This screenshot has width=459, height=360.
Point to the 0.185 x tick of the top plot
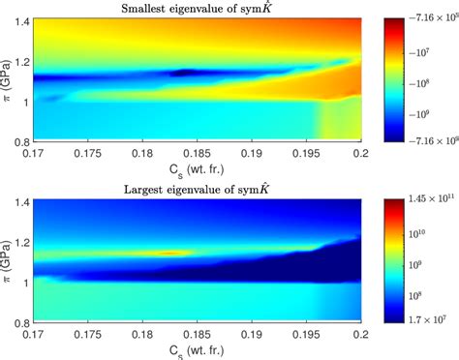pyautogui.click(x=199, y=152)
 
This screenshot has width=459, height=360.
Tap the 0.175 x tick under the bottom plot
pyautogui.click(x=88, y=332)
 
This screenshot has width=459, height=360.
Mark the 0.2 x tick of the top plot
pyautogui.click(x=360, y=152)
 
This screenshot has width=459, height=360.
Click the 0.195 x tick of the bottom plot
pyautogui.click(x=308, y=332)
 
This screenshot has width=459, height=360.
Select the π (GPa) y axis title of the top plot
pyautogui.click(x=6, y=81)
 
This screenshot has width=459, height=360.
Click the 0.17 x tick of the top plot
pyautogui.click(x=35, y=152)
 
